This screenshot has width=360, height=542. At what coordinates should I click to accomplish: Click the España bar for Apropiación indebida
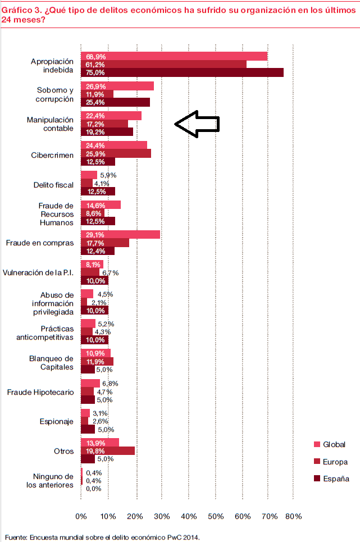coord(182,72)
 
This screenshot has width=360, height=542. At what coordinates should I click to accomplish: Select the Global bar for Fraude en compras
coord(121,234)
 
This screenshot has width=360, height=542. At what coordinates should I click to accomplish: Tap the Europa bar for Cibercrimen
coord(116,153)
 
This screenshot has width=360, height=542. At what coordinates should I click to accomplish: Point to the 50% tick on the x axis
coord(216,516)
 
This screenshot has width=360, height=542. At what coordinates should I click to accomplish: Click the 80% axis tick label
coord(293,516)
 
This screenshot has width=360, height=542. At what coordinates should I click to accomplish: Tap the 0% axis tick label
coord(81,516)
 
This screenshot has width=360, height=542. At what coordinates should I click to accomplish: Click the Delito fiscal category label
coord(54,185)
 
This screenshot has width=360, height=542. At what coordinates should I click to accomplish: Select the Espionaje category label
coord(57,421)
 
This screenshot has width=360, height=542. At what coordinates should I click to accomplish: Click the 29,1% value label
coord(95,235)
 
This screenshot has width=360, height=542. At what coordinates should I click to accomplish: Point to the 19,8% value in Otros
coord(95,451)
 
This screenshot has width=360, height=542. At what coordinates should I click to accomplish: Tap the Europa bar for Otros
coord(108,451)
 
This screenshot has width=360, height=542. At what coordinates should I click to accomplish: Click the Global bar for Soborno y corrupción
coord(117,86)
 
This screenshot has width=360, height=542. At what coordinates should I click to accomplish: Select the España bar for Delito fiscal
coord(98,191)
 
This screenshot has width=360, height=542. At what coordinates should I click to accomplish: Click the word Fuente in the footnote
coord(16,536)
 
